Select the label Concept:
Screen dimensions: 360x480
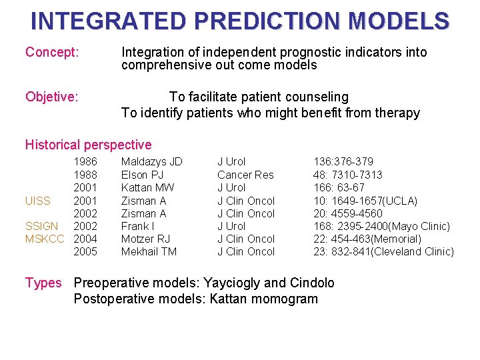tap(52, 52)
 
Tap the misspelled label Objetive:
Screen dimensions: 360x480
tap(52, 97)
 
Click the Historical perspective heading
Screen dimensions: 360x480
tap(88, 145)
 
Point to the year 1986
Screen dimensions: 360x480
tap(85, 162)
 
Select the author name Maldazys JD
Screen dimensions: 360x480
tap(151, 162)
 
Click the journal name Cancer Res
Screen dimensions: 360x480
tap(245, 175)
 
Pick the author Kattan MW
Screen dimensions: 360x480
tap(147, 187)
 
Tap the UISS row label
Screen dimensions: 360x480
tap(38, 201)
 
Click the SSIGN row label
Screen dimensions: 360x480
tap(41, 226)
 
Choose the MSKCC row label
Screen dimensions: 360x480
tap(45, 239)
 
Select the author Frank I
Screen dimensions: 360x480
tap(138, 226)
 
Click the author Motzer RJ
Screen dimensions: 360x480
tap(145, 239)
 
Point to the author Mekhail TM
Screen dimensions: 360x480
tap(149, 251)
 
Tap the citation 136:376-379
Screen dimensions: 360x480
tap(343, 162)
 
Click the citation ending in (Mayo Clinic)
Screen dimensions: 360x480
tap(382, 226)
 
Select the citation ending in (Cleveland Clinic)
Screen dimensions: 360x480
tap(383, 251)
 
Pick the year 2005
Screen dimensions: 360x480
tap(85, 251)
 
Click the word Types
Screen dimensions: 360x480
tap(43, 283)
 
